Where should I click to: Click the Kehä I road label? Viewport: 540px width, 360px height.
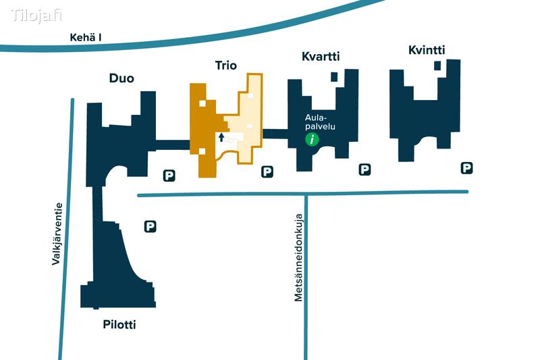coord(86,37)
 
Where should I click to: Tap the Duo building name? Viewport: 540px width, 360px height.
coord(122,78)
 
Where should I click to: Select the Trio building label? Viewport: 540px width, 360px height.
coord(225,65)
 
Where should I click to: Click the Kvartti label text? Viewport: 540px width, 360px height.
coord(320,57)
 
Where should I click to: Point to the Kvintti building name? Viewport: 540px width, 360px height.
coord(427,50)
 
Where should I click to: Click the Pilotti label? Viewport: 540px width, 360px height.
coord(119,325)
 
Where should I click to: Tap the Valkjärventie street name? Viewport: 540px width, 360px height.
coord(57,234)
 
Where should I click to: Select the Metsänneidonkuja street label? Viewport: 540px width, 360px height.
coord(298,257)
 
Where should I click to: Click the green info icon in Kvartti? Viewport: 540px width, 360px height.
coord(311,140)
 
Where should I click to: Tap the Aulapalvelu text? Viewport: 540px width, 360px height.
coord(320,121)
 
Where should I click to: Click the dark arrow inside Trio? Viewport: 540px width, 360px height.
coord(221,138)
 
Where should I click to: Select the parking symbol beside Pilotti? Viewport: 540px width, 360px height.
coord(151,227)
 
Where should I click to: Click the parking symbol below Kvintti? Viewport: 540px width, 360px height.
coord(466,168)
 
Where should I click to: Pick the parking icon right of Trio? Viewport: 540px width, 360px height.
coord(267,172)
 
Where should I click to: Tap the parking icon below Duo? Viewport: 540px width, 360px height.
coord(169,176)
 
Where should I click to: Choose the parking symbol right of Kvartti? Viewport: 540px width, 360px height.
coord(364,169)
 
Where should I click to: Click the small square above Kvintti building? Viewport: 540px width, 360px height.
coord(437,66)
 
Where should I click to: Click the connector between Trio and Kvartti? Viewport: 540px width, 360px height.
coord(275,134)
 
